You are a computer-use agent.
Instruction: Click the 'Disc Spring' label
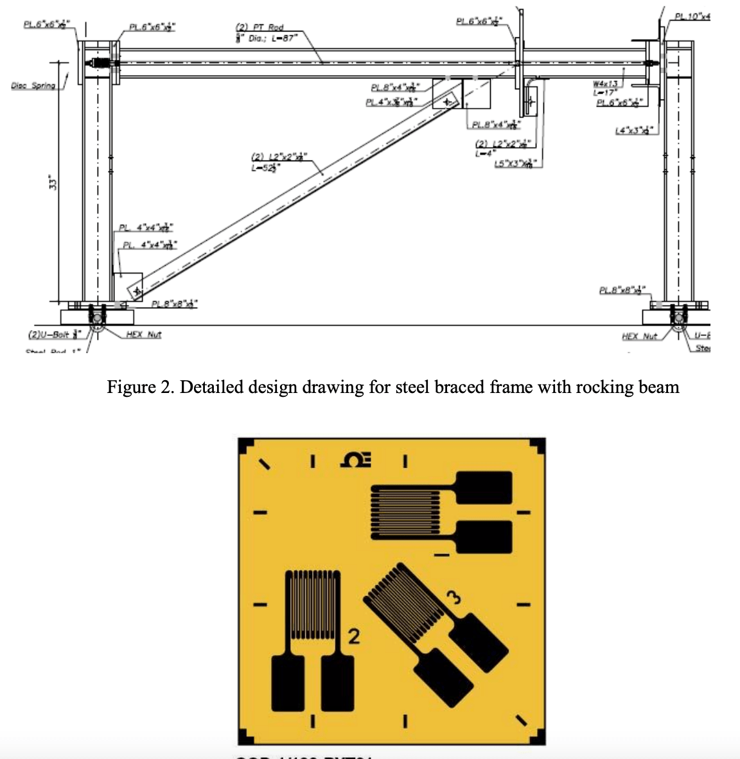[33, 85]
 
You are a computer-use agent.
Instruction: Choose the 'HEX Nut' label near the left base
[144, 335]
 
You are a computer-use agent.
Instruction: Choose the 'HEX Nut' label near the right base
[639, 336]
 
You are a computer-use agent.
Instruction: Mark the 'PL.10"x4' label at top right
[692, 15]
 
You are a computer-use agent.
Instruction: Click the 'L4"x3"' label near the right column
[633, 131]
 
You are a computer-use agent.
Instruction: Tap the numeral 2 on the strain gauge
[353, 636]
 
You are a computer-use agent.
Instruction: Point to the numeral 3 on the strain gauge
[454, 598]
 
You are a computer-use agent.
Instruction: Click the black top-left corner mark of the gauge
[246, 447]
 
